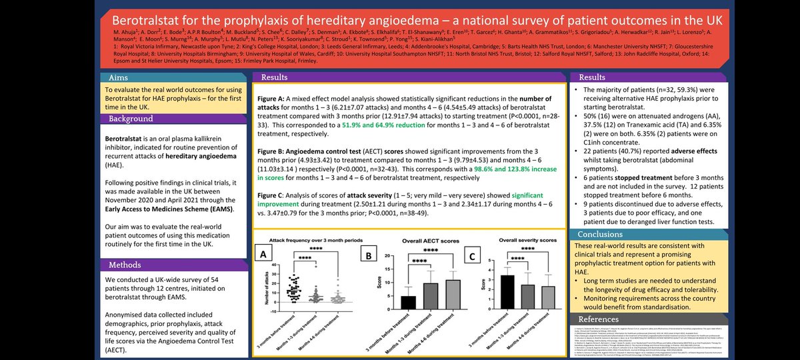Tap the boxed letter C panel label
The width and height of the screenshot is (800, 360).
pyautogui.click(x=472, y=254)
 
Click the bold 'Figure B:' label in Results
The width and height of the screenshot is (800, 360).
pyautogui.click(x=274, y=143)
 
